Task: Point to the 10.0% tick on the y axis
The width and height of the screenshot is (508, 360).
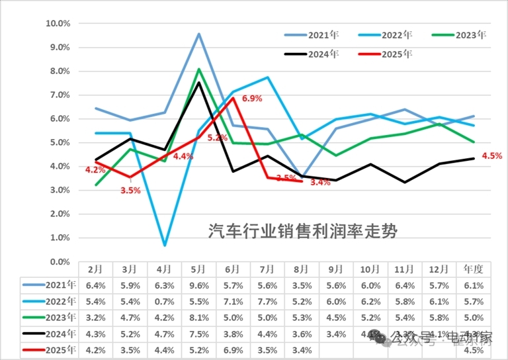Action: click(x=58, y=24)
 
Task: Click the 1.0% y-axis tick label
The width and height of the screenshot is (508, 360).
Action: click(x=60, y=238)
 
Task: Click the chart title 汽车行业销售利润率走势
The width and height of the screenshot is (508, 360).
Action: click(x=304, y=230)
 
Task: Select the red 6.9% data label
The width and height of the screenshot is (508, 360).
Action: click(x=252, y=99)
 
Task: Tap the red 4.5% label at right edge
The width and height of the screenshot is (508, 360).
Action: click(x=492, y=156)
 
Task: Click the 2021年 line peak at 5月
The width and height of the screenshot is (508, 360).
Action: click(x=199, y=34)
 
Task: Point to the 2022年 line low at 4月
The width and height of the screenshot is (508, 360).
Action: click(x=165, y=246)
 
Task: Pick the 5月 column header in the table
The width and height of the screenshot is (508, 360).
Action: click(x=199, y=269)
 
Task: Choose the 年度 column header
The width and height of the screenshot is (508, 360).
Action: click(x=474, y=269)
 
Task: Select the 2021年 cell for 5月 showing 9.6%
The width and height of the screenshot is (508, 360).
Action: click(x=199, y=286)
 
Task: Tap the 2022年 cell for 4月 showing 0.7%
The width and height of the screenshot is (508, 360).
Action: click(x=165, y=302)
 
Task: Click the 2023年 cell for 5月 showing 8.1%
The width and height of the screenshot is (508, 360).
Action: click(x=199, y=318)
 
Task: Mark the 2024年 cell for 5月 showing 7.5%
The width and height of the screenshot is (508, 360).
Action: click(x=199, y=334)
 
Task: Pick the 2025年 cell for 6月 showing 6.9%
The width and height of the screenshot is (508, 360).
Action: click(x=233, y=349)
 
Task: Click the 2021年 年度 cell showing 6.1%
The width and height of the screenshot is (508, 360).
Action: click(x=474, y=286)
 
